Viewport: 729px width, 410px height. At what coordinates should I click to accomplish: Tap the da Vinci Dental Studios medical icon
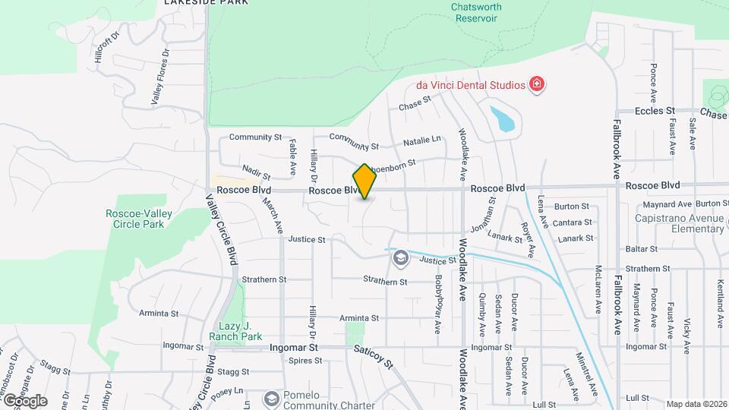537,84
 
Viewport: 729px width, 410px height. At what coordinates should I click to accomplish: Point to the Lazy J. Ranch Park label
235,331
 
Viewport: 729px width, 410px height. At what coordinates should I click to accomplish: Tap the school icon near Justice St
400,259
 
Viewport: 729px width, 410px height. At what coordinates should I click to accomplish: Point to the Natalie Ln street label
421,140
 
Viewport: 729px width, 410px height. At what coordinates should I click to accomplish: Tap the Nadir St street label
256,172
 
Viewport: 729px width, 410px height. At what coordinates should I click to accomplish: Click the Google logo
25,400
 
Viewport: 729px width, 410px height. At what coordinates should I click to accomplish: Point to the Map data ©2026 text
696,404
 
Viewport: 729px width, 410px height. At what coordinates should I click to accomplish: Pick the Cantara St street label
573,222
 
